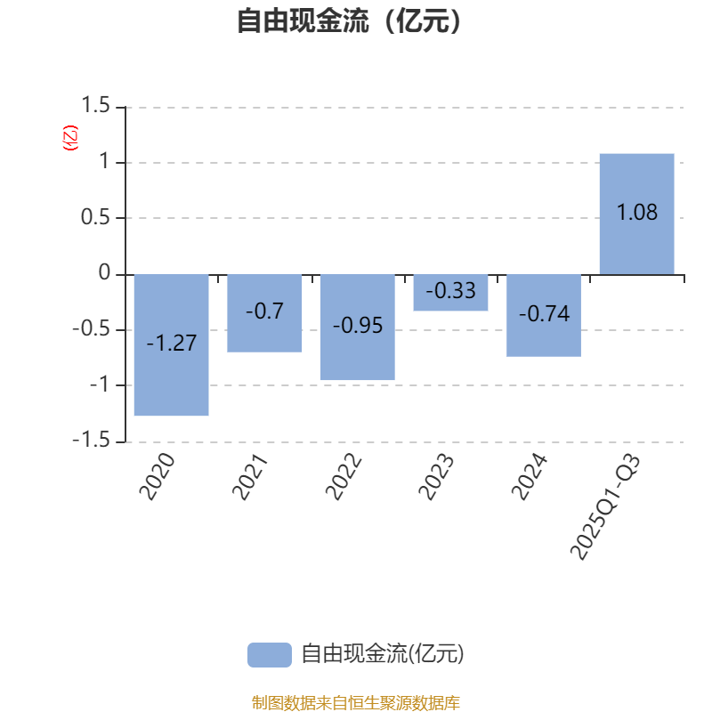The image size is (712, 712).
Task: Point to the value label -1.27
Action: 171,344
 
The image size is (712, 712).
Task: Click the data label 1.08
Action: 636,213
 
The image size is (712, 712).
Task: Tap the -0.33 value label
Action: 450,291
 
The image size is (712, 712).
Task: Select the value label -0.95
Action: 358,326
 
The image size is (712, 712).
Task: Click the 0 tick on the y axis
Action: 105,273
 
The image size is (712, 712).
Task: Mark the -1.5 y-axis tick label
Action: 92,441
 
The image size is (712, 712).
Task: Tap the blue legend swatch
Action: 269,655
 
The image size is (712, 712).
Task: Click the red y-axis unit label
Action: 70,138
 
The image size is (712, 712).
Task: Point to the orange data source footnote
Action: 355,703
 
